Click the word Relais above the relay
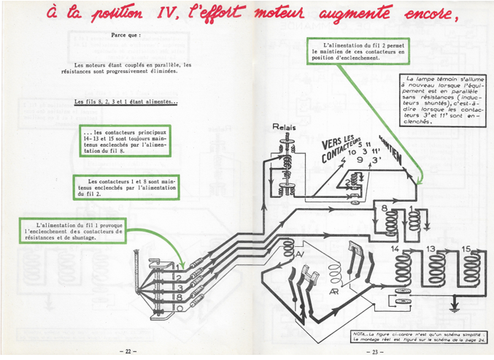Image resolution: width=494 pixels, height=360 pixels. pos(284,127)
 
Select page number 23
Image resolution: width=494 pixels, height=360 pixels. pos(372,350)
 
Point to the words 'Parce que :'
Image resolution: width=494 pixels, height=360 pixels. pos(126,34)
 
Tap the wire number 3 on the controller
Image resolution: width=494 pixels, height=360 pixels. pos(177,288)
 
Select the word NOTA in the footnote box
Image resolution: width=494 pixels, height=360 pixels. pos(360,333)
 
